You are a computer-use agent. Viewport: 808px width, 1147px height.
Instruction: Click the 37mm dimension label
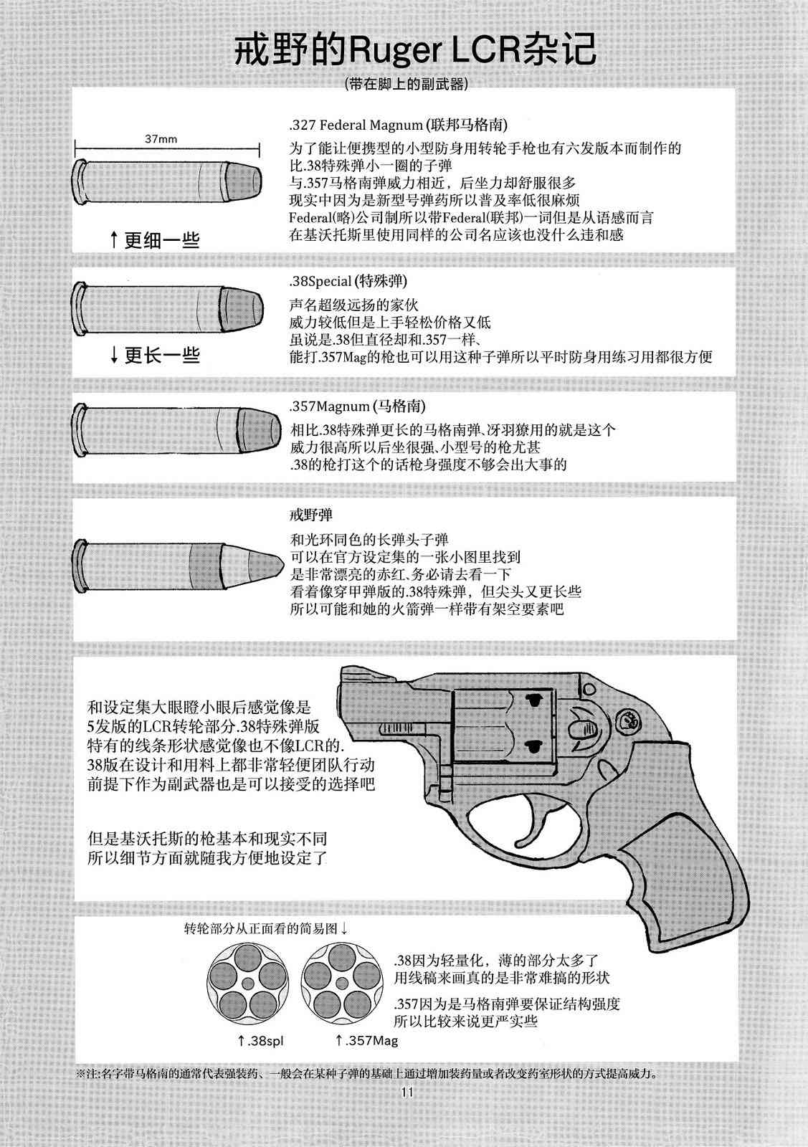click(161, 139)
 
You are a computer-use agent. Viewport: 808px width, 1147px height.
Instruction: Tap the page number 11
click(407, 1093)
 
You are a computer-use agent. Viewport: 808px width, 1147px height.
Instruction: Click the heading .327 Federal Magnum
click(356, 125)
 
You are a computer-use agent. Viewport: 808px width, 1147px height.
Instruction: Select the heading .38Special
click(320, 281)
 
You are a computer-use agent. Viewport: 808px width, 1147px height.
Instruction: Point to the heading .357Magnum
click(329, 406)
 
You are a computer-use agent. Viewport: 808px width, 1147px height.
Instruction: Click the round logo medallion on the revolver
click(628, 721)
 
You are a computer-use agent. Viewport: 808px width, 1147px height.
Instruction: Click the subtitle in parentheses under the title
click(407, 83)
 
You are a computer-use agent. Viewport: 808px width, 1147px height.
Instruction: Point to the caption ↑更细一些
click(155, 239)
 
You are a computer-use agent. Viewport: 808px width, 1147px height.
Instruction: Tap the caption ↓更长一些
click(155, 354)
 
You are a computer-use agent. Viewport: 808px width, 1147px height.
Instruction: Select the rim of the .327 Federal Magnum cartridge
click(80, 182)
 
